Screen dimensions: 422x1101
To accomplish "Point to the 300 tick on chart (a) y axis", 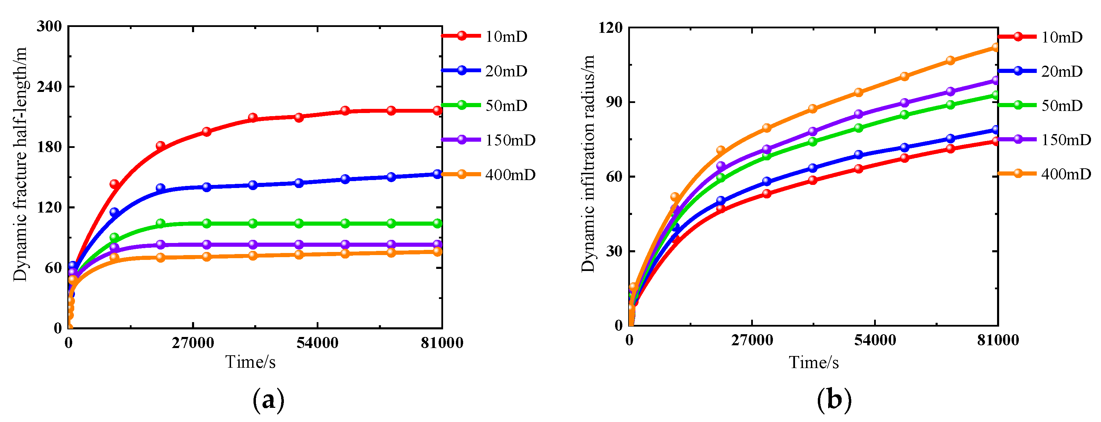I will [x=49, y=27].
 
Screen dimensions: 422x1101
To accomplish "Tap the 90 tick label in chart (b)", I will [x=614, y=103].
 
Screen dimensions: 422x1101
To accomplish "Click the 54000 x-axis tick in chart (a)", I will [x=317, y=343].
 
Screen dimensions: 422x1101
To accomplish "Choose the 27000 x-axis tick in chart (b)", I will [x=752, y=340].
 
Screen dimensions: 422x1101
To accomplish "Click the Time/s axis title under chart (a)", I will [x=250, y=362].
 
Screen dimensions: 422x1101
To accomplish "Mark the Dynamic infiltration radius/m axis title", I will [x=588, y=163].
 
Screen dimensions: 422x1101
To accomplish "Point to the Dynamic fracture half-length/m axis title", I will [x=20, y=164].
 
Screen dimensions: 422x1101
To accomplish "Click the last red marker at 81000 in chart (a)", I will [x=437, y=111].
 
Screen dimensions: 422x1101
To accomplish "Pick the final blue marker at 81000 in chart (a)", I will [x=437, y=174].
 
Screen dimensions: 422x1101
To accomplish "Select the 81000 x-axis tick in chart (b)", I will [x=998, y=340].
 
